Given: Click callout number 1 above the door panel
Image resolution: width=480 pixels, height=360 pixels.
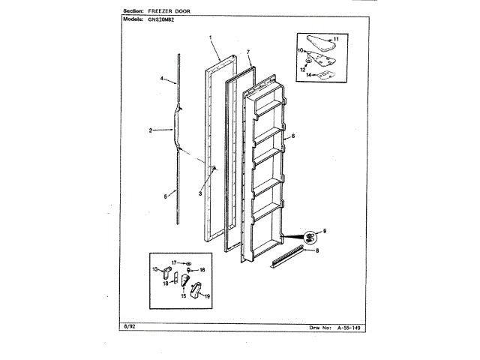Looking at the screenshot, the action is [211, 37].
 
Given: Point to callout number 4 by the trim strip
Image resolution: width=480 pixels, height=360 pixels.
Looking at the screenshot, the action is [162, 78].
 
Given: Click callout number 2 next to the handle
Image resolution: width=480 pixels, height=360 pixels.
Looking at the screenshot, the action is [151, 131].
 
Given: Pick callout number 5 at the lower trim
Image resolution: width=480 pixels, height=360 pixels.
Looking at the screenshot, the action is [164, 196].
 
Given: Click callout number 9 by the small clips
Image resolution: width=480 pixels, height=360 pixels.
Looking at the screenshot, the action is [325, 229].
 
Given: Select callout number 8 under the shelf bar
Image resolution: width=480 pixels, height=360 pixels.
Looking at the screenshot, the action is [317, 250].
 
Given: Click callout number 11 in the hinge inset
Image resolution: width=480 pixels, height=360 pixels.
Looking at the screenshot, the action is [336, 38].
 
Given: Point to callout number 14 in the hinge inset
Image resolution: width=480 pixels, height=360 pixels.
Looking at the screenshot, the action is [310, 76].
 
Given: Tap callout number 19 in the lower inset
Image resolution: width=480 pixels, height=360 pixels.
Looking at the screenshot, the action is [207, 296].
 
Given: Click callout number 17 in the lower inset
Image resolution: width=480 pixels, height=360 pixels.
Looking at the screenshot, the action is [173, 262].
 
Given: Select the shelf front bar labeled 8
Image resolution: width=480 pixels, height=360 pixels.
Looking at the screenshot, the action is [288, 256].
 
